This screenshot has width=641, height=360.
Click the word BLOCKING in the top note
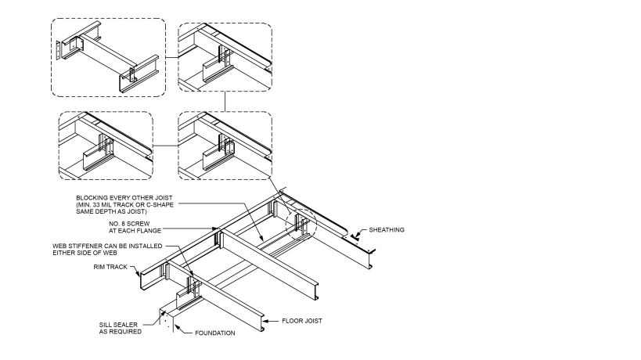[92, 196]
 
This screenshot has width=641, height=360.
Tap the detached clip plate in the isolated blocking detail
[59, 49]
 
